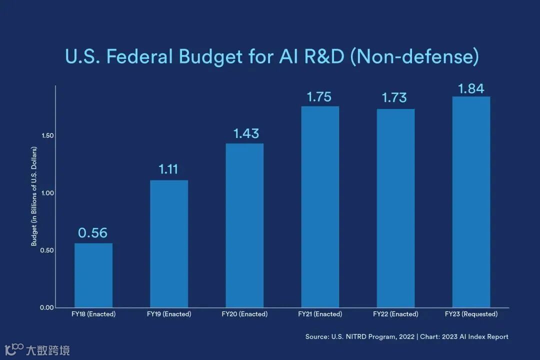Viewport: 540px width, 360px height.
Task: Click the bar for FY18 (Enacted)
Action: (93, 275)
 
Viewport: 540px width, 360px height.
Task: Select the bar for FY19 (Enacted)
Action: (169, 243)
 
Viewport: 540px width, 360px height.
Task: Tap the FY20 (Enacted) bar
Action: (244, 225)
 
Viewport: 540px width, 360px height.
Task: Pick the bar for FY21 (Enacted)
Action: (320, 206)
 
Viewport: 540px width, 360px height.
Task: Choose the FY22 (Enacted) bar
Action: (395, 208)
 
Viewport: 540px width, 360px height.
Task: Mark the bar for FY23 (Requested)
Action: (471, 202)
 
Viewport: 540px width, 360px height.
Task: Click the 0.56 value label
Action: (93, 233)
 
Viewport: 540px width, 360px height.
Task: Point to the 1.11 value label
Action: (168, 169)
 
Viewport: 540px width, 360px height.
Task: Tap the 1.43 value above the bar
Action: (246, 133)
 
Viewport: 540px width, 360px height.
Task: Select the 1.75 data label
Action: (319, 96)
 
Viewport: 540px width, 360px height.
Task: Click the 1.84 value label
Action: (471, 88)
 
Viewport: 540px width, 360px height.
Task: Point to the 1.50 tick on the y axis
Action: (47, 136)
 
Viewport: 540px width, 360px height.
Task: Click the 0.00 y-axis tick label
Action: (47, 307)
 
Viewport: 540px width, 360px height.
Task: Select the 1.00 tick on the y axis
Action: (47, 193)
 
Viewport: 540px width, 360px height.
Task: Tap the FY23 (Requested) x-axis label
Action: (471, 314)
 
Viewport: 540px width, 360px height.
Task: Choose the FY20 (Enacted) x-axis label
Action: (244, 314)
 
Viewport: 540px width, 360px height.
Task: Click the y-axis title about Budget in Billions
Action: (34, 196)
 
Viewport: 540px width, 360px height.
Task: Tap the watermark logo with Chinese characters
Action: (37, 349)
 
